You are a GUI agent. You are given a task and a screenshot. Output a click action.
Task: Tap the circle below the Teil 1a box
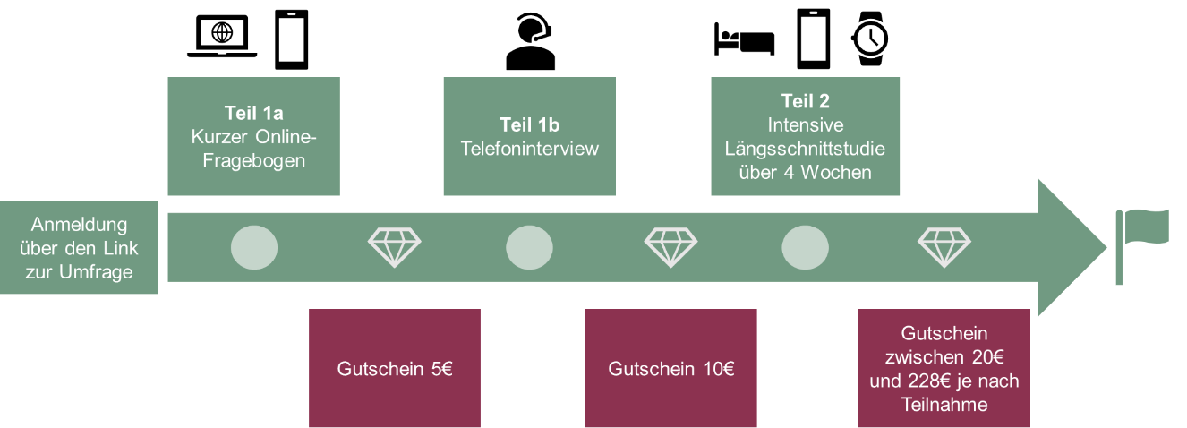pos(254,247)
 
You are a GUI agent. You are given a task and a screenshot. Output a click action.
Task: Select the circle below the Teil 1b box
pos(529,247)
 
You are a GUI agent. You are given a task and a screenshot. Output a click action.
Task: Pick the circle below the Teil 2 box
pos(805,247)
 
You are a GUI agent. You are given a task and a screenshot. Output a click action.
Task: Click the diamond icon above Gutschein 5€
pos(395,247)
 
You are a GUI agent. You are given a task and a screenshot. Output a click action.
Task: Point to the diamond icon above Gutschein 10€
pos(670,247)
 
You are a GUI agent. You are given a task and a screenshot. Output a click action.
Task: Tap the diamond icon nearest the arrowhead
pos(944,247)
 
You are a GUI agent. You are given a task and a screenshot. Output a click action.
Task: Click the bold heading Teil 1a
pos(254,114)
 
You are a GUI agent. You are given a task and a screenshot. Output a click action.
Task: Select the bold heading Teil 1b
pos(529,125)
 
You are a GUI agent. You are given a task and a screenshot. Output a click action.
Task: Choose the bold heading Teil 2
pos(805,101)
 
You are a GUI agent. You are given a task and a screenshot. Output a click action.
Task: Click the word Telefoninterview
pos(529,149)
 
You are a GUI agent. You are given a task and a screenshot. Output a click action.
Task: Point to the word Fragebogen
pos(254,161)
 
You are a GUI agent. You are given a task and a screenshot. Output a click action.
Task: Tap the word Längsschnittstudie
pos(805,149)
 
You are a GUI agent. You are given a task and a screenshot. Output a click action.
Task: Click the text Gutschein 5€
pos(395,369)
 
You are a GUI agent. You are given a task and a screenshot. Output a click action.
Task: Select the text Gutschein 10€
pos(670,369)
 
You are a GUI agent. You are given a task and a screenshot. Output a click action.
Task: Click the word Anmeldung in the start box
pos(79,224)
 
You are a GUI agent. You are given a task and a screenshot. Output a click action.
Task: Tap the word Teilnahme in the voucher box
pos(944,405)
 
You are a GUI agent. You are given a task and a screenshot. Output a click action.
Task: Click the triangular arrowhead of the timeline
pos(1070,247)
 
